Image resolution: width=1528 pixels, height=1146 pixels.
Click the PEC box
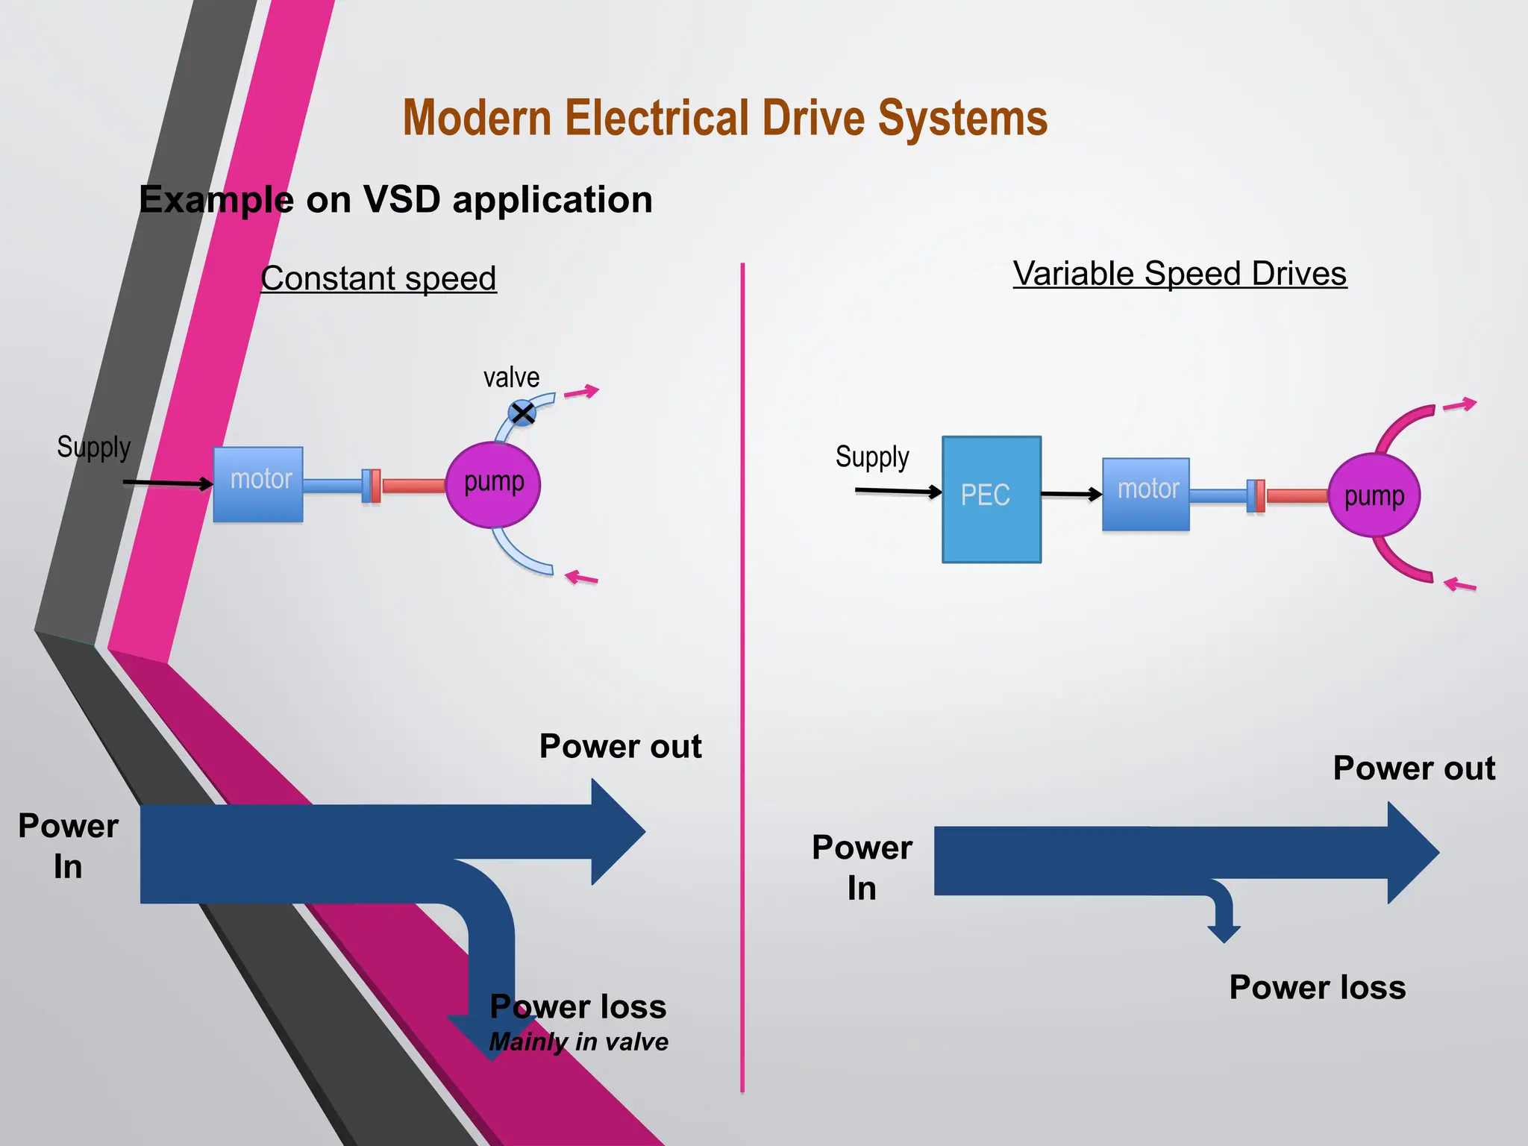pos(991,498)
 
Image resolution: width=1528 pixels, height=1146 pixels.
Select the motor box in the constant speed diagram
pos(258,483)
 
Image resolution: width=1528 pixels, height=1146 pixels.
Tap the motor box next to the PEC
pos(1146,494)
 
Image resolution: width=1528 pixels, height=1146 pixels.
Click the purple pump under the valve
pos(492,484)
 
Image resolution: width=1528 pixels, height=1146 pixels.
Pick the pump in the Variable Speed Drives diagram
pos(1374,495)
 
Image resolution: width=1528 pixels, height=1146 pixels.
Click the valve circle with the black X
pos(522,413)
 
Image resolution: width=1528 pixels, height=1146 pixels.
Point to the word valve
pos(511,378)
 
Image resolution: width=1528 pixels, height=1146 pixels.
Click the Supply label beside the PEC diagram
pos(872,457)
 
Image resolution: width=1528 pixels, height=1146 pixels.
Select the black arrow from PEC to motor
pos(1071,494)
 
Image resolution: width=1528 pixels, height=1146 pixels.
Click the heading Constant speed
pos(378,278)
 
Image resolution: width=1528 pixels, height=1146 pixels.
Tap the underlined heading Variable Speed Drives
pos(1180,274)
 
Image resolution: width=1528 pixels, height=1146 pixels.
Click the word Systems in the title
pos(962,119)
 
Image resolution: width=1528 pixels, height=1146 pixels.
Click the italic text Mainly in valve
pos(578,1042)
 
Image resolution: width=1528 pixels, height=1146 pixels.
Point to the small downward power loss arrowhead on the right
pos(1224,933)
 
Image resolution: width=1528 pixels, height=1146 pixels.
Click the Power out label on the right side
pos(1414,768)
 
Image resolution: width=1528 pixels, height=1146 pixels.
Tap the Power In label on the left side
pos(68,846)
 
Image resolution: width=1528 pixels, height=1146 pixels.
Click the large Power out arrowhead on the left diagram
pos(616,832)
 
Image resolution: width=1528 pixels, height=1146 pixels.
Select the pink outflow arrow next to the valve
pos(581,392)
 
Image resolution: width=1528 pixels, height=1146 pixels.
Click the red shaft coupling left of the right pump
pos(1297,496)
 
